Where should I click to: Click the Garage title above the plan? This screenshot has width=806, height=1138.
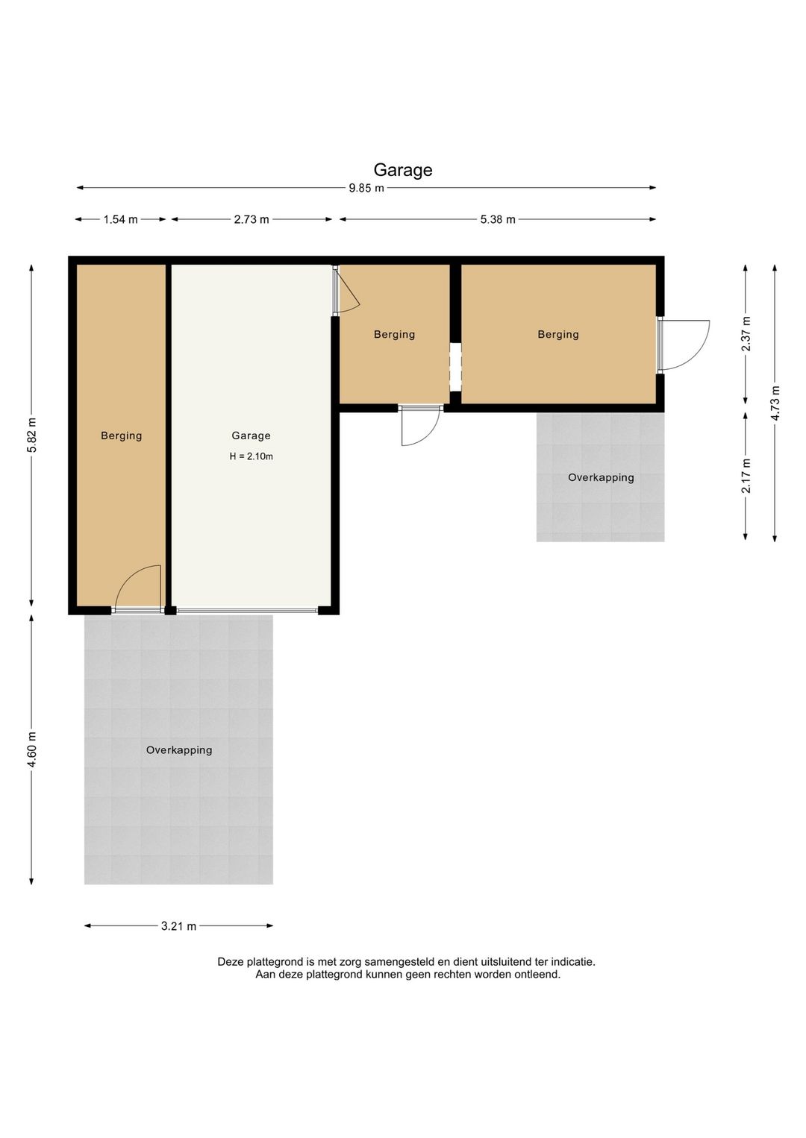point(403,170)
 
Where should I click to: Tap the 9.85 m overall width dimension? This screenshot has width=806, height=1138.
point(366,188)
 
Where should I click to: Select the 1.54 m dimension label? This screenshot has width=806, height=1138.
point(120,219)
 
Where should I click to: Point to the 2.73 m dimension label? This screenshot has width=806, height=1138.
point(252,219)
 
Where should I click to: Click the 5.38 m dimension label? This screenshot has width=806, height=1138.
point(498,219)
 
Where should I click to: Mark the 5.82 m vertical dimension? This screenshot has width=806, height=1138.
point(32,435)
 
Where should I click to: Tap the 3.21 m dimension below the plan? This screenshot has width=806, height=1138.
point(178,926)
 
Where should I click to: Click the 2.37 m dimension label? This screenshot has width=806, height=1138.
point(746,334)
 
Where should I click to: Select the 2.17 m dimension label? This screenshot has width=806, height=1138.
point(746,476)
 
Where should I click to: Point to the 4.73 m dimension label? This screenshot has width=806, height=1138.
point(775,403)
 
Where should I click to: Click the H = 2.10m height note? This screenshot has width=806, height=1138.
point(252,456)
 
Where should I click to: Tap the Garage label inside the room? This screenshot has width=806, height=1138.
point(252,436)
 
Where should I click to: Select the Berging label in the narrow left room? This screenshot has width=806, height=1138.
point(122,436)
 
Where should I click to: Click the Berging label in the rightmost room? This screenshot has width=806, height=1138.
point(558,334)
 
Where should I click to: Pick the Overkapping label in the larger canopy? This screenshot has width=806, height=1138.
point(179,750)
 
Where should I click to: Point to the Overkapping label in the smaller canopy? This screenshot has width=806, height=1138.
point(601,477)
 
